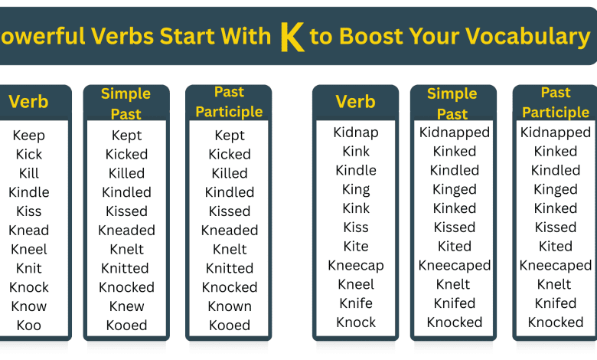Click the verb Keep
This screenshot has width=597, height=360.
pos(29,136)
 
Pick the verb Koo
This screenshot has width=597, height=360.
pos(29,326)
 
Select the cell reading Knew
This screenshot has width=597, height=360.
pos(127,306)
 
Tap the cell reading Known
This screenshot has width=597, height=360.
pos(230,306)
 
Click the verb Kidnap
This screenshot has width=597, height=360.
pos(356,133)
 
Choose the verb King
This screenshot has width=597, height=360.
pos(356,189)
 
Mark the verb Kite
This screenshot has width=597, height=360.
pos(356,247)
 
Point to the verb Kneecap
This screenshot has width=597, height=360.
pos(356,266)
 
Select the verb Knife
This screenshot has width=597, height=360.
pos(356,303)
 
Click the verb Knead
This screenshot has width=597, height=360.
pos(29,231)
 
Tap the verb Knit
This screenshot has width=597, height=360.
pos(29,269)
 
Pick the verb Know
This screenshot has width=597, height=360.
pos(29,306)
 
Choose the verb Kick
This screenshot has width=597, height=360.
pos(29,155)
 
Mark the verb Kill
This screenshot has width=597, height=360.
pos(29,174)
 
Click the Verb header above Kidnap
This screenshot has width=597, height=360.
pos(356,102)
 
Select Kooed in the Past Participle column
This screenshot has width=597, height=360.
pos(230,326)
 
